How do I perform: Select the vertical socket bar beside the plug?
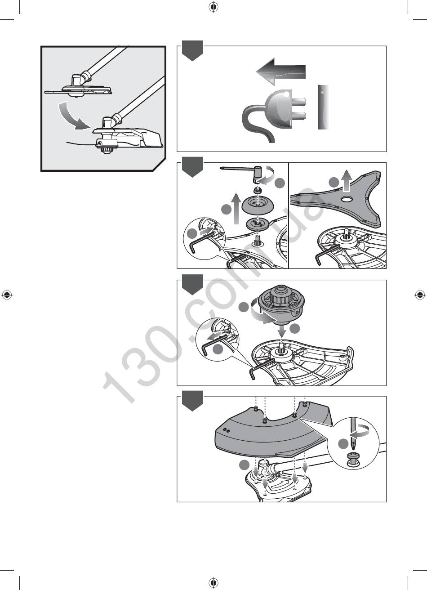click(323, 107)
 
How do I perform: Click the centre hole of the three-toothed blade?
click(347, 199)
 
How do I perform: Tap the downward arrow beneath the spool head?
click(282, 331)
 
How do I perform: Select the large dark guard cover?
click(274, 432)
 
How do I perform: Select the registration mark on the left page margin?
click(7, 295)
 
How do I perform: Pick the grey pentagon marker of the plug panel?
click(192, 50)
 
